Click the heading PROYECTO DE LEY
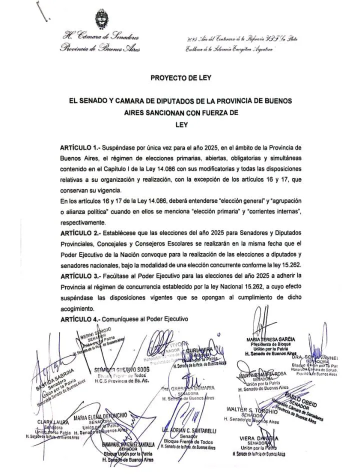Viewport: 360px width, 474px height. point(180,77)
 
